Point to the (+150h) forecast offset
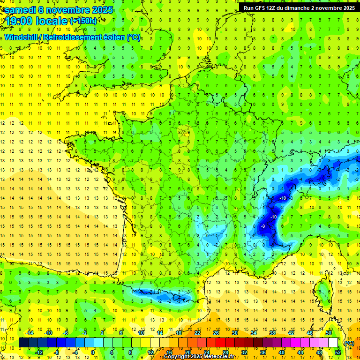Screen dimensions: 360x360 click(83, 21)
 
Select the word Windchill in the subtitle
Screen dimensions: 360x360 click(21, 37)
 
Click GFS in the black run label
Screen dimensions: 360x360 click(259, 8)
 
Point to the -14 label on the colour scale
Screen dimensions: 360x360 click(30, 333)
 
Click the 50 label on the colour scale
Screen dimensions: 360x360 click(329, 333)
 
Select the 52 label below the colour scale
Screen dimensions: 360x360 click(338, 352)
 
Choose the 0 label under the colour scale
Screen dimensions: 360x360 click(92, 352)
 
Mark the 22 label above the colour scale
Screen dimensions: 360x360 click(197, 333)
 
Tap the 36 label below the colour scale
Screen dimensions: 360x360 click(263, 352)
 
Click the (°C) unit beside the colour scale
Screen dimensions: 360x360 click(349, 343)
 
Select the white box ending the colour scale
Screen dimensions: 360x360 click(333, 343)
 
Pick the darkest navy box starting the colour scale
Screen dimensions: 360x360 click(23, 343)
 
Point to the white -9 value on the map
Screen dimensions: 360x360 click(263, 226)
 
